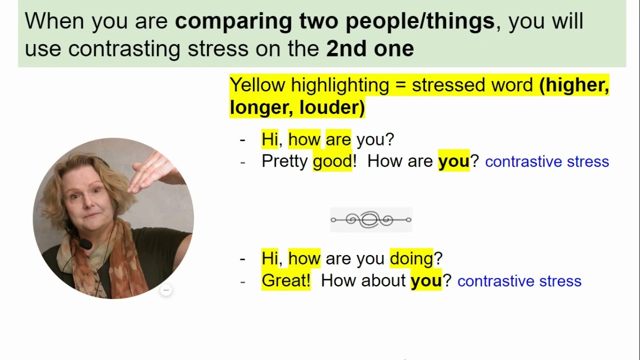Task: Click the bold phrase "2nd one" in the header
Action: [x=370, y=48]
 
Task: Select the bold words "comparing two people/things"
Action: [x=334, y=21]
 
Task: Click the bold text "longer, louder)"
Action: [x=297, y=107]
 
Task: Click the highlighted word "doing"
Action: [x=411, y=258]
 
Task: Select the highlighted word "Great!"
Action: [x=285, y=280]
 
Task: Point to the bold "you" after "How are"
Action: [x=453, y=161]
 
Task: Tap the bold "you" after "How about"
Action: [x=426, y=280]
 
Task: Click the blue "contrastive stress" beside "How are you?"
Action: [x=547, y=161]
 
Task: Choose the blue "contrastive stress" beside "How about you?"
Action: [x=519, y=281]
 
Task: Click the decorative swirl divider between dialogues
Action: [x=371, y=219]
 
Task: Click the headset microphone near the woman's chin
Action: [x=85, y=244]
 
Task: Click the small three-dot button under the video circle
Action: [x=166, y=290]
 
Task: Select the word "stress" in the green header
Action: [x=218, y=48]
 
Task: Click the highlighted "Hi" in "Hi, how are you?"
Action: [x=269, y=139]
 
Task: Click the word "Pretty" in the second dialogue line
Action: [x=284, y=161]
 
